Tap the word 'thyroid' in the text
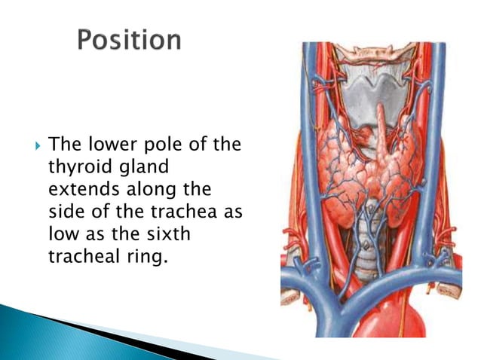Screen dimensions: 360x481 tap(74, 165)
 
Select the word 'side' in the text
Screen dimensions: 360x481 tap(64, 211)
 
